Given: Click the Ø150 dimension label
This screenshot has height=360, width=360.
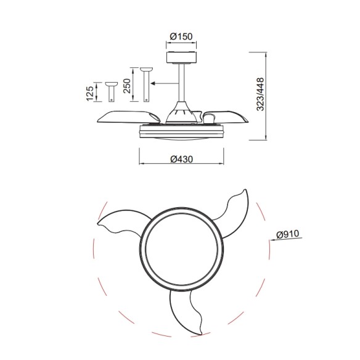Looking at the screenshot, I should click(x=181, y=36).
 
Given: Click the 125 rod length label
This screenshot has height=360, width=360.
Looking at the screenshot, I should click(x=90, y=92).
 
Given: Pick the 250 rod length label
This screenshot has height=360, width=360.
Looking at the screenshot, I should click(x=127, y=86).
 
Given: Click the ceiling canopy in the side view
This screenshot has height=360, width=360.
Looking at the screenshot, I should click(x=181, y=58).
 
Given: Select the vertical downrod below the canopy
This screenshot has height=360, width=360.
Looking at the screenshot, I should click(x=181, y=83).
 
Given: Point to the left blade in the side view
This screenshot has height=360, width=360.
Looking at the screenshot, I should click(x=126, y=115).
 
